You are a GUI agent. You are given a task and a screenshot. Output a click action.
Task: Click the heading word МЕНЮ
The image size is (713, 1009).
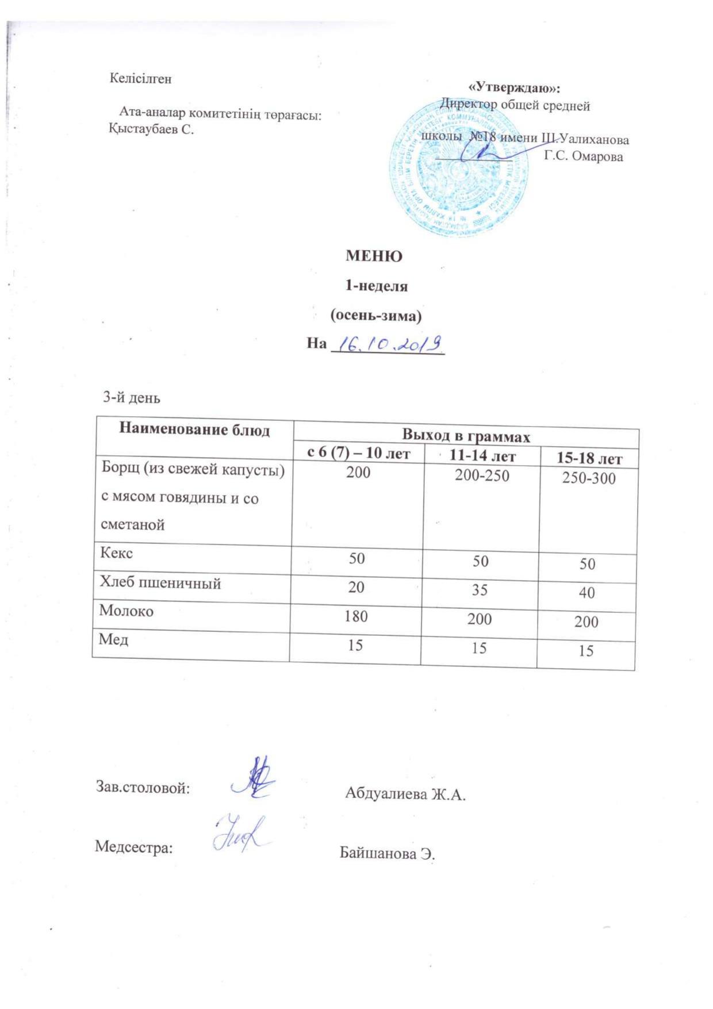(374, 256)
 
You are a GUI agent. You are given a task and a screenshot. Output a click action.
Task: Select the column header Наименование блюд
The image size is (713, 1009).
(194, 430)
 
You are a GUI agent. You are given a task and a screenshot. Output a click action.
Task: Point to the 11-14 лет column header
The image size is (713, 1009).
(482, 456)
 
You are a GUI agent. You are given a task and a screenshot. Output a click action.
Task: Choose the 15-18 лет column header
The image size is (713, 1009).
(588, 459)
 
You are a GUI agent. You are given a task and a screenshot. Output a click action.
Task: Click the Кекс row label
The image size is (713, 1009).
(117, 553)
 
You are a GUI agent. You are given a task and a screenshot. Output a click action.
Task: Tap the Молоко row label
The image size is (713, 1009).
(126, 611)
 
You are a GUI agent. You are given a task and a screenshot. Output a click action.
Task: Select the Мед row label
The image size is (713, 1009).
(113, 639)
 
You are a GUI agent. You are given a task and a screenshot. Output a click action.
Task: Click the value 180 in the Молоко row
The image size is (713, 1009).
(356, 616)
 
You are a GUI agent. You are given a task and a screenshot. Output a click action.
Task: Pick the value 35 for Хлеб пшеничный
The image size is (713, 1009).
(480, 589)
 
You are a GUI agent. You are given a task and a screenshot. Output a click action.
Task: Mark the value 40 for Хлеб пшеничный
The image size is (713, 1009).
(586, 592)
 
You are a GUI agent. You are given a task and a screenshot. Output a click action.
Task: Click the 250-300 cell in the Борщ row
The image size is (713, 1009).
(588, 478)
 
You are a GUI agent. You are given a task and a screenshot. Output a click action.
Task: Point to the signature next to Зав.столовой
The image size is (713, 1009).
(254, 778)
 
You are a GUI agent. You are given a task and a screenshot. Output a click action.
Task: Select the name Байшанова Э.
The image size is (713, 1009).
(388, 853)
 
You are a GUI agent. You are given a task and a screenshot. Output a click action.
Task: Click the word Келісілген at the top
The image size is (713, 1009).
(140, 79)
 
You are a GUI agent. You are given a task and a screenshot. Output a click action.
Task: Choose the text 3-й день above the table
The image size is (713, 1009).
(131, 397)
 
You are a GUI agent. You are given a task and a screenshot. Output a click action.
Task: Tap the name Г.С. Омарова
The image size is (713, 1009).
(583, 156)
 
